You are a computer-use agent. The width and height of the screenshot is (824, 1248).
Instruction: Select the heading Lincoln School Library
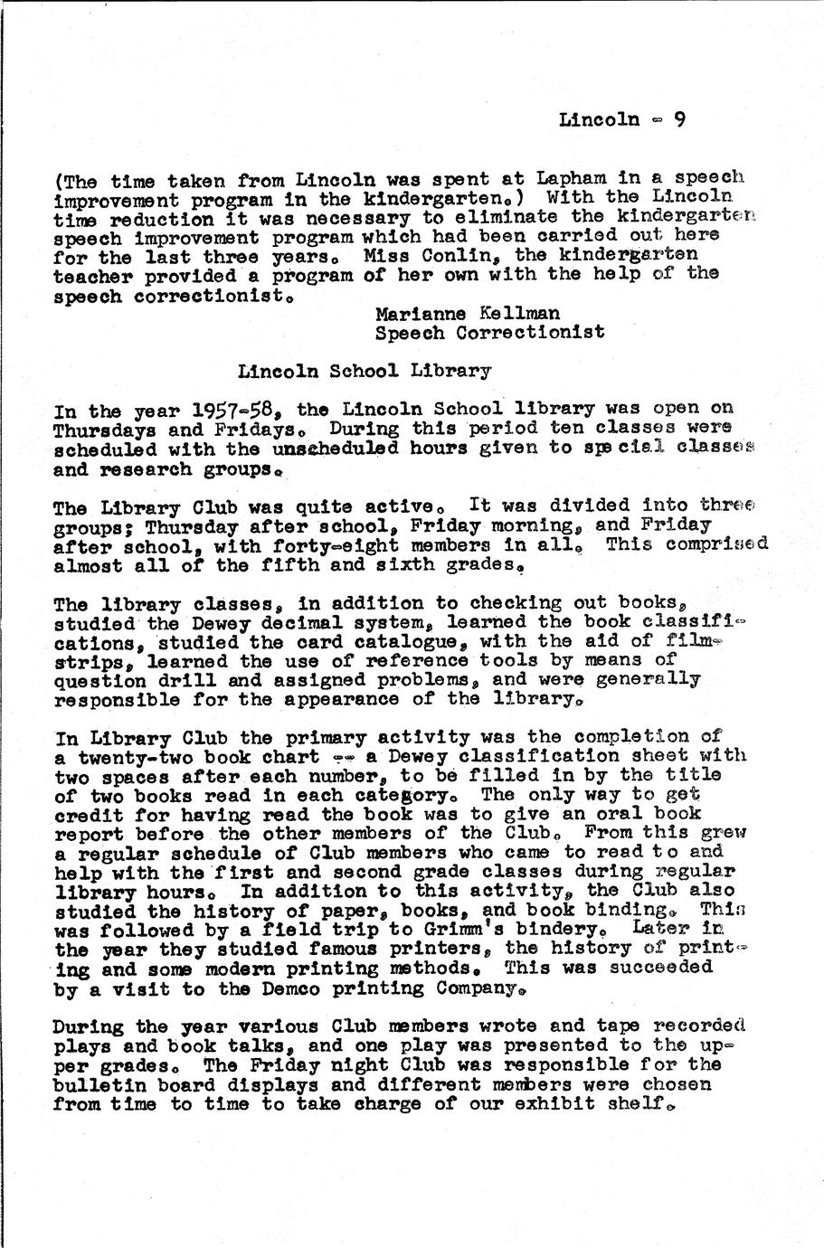tap(365, 371)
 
